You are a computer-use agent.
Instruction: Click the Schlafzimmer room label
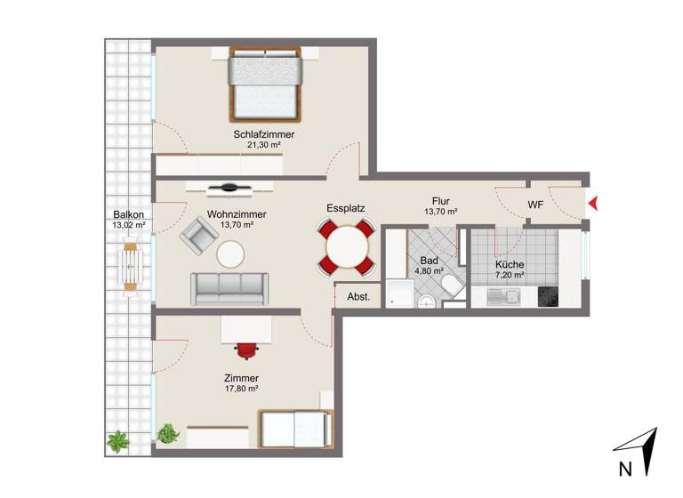264,134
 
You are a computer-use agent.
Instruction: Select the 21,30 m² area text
264,145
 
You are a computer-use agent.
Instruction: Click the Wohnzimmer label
237,214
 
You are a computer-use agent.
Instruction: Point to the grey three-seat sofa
228,288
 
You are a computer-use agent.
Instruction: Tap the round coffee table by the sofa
230,255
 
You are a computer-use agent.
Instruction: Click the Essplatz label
345,208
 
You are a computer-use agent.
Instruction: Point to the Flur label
440,201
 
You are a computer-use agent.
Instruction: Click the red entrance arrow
593,205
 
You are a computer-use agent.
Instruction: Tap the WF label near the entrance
535,205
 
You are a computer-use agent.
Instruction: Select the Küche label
510,265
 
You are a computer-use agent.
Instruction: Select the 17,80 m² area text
241,389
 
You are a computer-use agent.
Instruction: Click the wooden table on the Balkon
132,267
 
